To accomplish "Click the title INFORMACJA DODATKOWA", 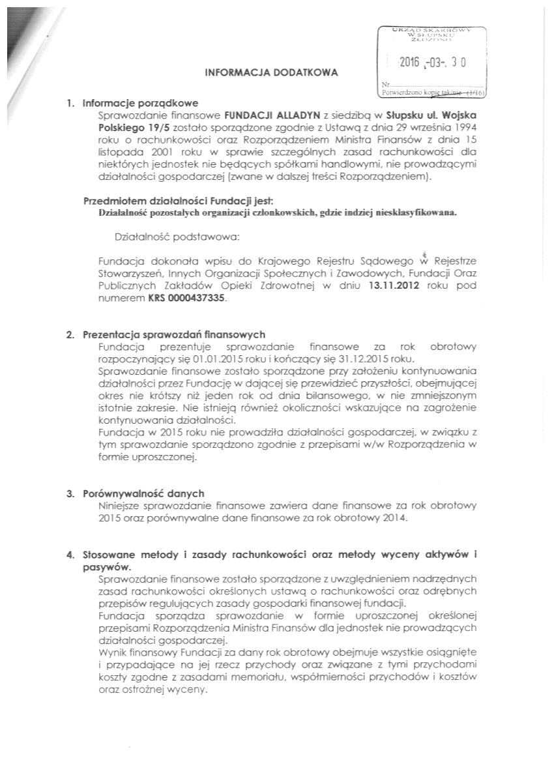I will tap(272, 73).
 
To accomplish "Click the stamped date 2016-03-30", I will tap(433, 63).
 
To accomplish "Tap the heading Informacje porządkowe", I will tap(140, 102).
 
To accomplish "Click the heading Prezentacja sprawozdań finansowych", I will tap(173, 334).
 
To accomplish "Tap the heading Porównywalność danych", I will tap(143, 493).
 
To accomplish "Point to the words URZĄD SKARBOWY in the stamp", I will tap(433, 29).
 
